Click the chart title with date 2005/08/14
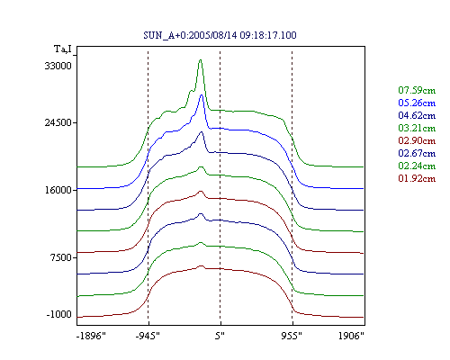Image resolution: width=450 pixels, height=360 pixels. click(x=220, y=35)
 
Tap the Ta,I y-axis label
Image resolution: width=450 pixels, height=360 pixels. click(x=63, y=49)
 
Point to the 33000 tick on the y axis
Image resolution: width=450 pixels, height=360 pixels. click(x=58, y=66)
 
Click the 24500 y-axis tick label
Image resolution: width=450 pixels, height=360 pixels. click(x=58, y=122)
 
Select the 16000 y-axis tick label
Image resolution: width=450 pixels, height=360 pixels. click(x=58, y=190)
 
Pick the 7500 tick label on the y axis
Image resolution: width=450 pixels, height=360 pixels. click(x=61, y=257)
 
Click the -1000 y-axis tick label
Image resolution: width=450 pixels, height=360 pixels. click(x=59, y=314)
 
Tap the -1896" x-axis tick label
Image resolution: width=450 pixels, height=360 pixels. click(x=91, y=336)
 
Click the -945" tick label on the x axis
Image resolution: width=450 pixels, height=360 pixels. click(x=148, y=336)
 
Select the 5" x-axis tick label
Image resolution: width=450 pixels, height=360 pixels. click(x=220, y=336)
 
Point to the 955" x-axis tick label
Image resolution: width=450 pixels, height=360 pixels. click(x=292, y=336)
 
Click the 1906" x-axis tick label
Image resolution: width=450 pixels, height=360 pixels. click(x=351, y=336)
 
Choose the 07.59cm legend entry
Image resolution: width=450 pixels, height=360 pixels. click(x=417, y=90)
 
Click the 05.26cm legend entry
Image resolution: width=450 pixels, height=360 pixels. click(x=417, y=103)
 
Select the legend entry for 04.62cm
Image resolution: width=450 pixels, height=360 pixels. click(x=417, y=115)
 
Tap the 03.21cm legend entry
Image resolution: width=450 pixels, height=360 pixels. click(x=417, y=128)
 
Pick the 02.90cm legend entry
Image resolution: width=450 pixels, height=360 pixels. click(x=417, y=140)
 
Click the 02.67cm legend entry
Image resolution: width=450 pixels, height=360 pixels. click(x=417, y=153)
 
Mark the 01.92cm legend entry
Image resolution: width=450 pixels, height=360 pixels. click(x=417, y=178)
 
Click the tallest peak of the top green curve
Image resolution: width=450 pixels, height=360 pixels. click(x=201, y=60)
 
